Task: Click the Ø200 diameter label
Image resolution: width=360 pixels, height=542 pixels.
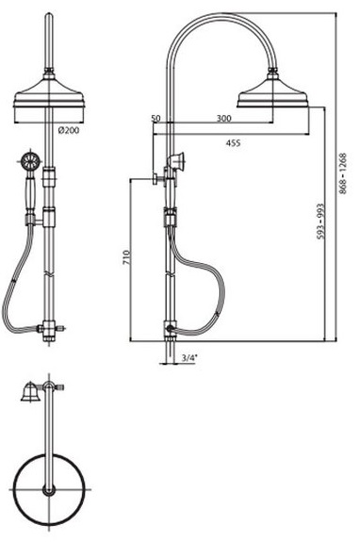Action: coord(69,130)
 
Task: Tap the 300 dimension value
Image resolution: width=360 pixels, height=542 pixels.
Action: coord(224,118)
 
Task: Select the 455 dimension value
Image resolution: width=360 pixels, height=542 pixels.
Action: coord(233,142)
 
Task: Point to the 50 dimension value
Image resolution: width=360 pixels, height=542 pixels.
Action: coord(155,118)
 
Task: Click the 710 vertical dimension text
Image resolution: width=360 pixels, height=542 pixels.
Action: coord(126,257)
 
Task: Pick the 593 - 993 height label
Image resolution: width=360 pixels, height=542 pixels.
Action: coord(321,222)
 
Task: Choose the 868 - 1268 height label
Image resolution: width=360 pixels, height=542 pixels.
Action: coord(342,173)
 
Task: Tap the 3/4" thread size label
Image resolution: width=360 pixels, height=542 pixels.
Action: coord(189,358)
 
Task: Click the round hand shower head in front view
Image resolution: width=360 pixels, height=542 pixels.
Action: coord(30,160)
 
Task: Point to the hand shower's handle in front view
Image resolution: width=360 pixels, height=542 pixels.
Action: coord(31,192)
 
